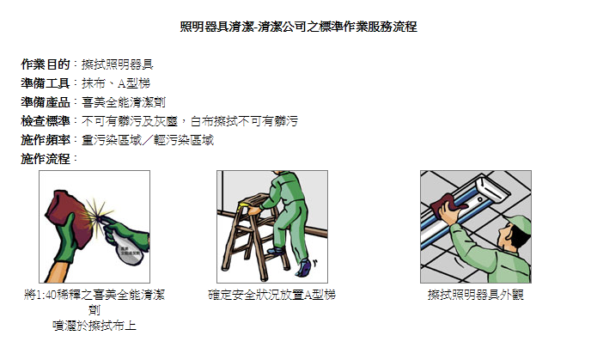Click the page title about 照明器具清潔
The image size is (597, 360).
click(299, 27)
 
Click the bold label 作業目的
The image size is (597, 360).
click(46, 64)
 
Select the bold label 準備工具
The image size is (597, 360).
click(46, 83)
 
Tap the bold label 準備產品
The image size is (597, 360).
click(46, 102)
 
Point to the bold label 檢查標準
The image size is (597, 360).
click(46, 121)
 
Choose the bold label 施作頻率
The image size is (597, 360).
click(46, 140)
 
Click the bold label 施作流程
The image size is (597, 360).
click(46, 159)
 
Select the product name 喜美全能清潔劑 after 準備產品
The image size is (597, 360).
click(124, 102)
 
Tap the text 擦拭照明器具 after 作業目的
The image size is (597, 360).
click(118, 64)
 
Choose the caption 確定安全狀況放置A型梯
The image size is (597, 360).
click(271, 295)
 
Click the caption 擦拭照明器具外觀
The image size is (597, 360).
click(476, 295)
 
